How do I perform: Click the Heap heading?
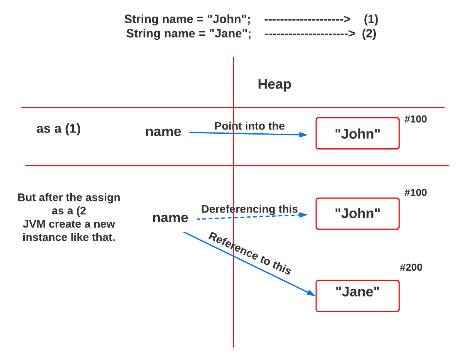point(274,84)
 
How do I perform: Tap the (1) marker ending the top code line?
point(370,19)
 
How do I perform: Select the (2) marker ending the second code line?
point(369,33)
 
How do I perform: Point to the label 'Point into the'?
point(249,126)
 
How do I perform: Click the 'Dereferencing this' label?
point(249,209)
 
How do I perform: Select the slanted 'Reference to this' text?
point(250,254)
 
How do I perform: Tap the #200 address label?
point(411,267)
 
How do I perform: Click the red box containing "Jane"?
point(357,296)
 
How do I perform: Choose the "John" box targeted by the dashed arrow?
point(357,213)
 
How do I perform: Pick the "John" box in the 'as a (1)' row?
point(357,133)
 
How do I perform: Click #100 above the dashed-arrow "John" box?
point(415,193)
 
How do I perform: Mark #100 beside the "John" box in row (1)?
point(415,120)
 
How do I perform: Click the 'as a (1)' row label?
point(58,129)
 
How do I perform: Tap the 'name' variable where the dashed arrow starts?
point(170,218)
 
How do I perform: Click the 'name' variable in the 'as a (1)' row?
point(163,132)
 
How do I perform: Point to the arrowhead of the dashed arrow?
point(304,215)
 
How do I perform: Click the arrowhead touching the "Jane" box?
point(312,293)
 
